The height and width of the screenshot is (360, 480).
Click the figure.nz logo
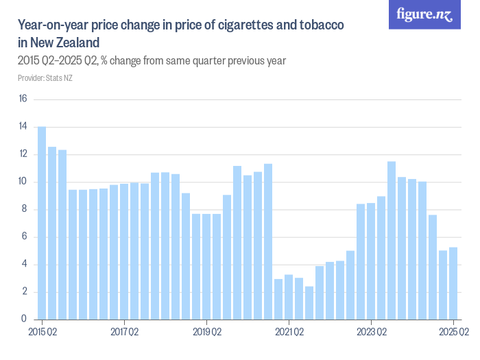[424, 15]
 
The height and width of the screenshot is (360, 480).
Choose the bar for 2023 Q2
[371, 261]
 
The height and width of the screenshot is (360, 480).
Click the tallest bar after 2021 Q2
[392, 240]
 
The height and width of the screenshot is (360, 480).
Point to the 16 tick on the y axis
[23, 99]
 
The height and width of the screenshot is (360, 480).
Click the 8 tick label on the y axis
[23, 209]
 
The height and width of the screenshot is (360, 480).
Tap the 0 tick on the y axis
[23, 319]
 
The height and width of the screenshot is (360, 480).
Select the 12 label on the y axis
[23, 154]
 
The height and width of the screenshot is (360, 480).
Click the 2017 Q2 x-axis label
[124, 333]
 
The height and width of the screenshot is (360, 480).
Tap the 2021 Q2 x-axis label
[289, 333]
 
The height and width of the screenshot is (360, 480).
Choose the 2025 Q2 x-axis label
[453, 333]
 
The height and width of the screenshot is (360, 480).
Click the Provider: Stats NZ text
[45, 77]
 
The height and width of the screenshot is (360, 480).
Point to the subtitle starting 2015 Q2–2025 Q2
[151, 60]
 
